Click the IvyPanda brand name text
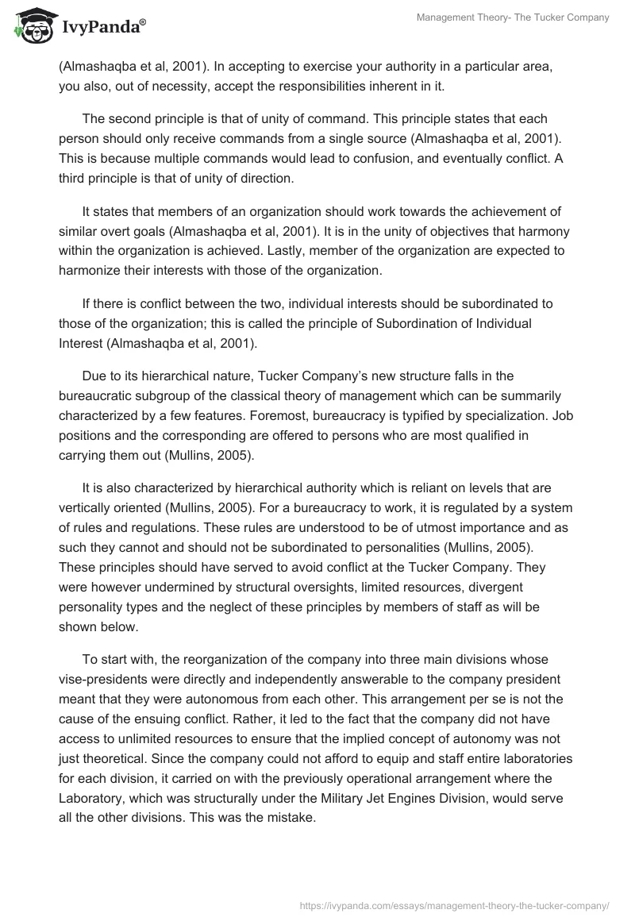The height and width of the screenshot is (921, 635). click(x=102, y=29)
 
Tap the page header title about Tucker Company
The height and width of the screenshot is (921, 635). click(x=513, y=17)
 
